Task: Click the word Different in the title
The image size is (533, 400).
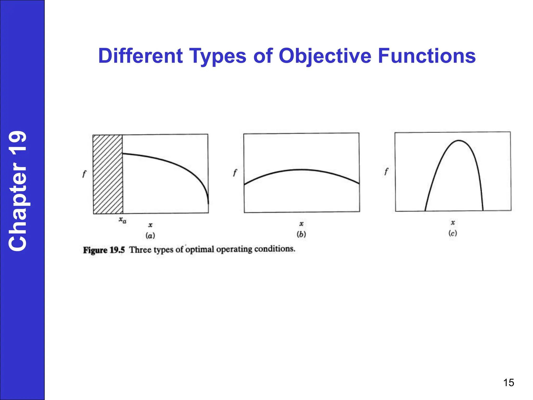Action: (x=141, y=56)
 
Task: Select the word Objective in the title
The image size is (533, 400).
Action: (x=325, y=56)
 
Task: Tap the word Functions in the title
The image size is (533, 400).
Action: (x=427, y=56)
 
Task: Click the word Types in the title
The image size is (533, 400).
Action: (x=217, y=56)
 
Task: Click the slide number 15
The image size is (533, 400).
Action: (x=508, y=383)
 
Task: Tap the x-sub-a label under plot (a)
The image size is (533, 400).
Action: (x=122, y=220)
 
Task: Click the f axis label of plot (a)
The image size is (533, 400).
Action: (x=84, y=174)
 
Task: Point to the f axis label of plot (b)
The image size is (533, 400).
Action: (x=235, y=172)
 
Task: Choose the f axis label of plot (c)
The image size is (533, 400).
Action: (x=386, y=171)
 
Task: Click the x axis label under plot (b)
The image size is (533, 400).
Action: (x=301, y=224)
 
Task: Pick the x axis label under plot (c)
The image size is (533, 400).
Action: (x=453, y=223)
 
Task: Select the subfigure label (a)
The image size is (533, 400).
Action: (x=150, y=236)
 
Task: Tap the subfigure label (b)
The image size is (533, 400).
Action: (x=301, y=234)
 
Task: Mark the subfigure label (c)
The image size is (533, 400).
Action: (x=453, y=233)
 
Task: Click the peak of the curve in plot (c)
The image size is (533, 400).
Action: (x=459, y=141)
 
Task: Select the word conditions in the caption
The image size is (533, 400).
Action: (x=275, y=249)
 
